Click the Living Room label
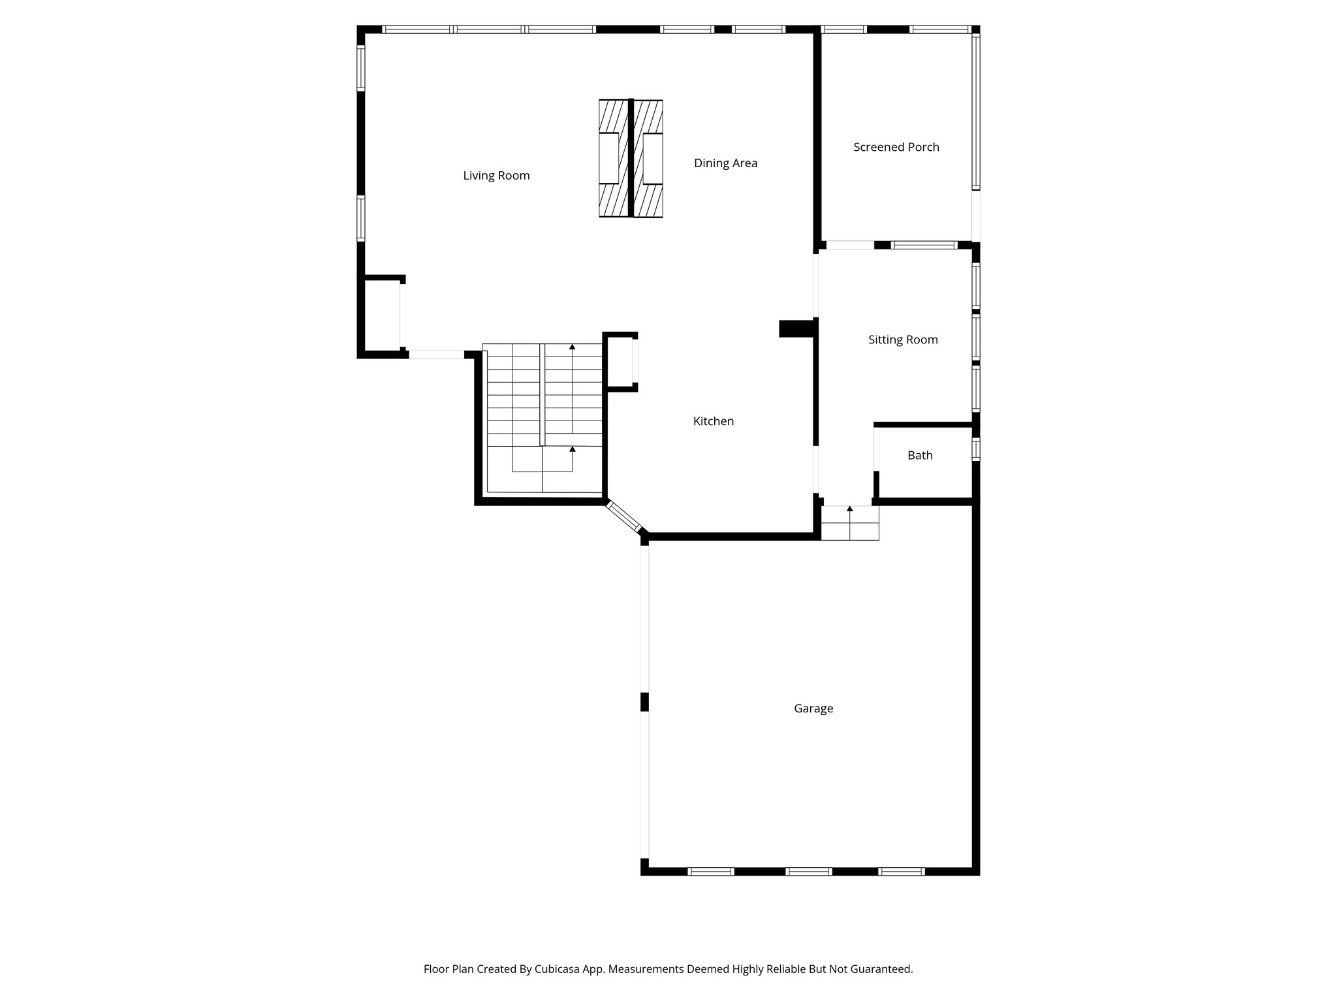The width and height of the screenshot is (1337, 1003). (x=496, y=176)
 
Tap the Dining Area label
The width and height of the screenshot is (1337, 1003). (x=725, y=163)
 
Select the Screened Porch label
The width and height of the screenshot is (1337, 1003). (x=896, y=147)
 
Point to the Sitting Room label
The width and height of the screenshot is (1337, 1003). (x=902, y=340)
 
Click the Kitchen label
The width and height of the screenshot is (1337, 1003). (x=713, y=421)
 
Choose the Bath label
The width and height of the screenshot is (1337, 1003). (x=919, y=456)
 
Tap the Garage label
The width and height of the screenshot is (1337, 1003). (x=813, y=708)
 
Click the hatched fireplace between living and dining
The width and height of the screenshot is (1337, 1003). (x=631, y=159)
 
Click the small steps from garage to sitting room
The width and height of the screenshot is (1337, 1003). (x=849, y=523)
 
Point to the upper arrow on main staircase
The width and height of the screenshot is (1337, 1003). (x=573, y=348)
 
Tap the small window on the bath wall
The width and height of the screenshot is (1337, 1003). (x=976, y=449)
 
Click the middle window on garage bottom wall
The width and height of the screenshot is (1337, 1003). (x=808, y=871)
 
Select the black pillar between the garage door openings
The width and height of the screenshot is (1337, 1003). (x=644, y=701)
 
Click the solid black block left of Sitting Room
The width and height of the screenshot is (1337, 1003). (x=796, y=328)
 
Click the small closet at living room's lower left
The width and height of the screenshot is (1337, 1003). (x=382, y=316)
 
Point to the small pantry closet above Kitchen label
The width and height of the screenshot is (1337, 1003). (x=620, y=362)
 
